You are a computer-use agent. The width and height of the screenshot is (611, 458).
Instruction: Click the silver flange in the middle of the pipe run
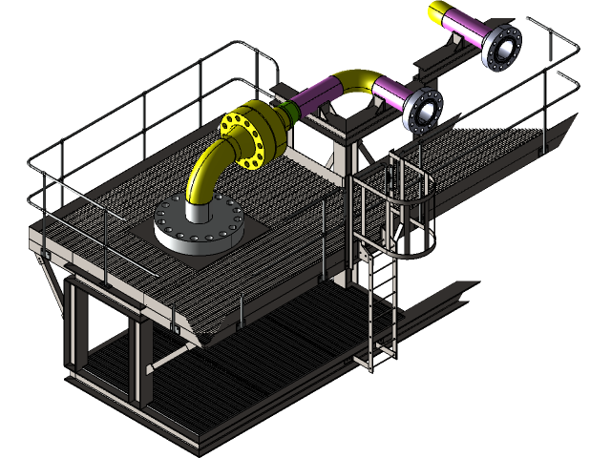click(422, 109)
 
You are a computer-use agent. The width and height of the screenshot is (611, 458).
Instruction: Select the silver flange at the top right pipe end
click(501, 47)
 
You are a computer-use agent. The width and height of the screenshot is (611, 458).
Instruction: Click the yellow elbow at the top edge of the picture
click(439, 12)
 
